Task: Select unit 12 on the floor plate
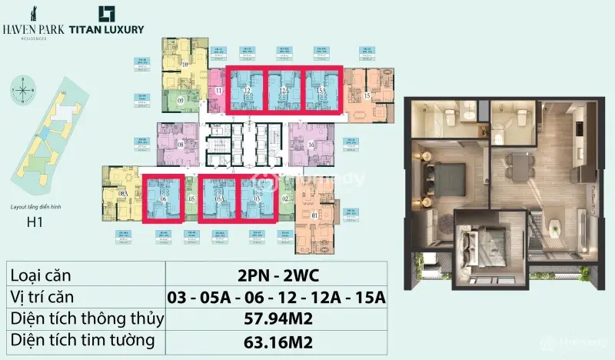(x=247, y=90)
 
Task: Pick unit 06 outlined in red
(x=163, y=198)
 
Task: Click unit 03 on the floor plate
(x=258, y=198)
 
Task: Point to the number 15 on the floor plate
(x=367, y=95)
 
